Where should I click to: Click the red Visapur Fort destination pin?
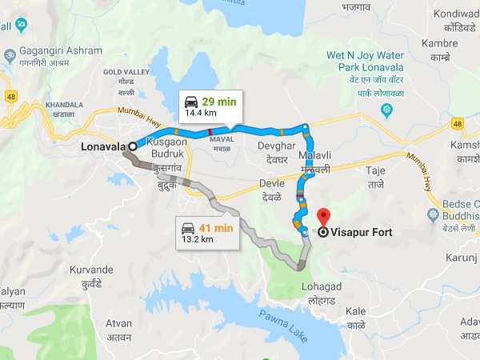point(323,217)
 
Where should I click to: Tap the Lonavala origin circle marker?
point(131,147)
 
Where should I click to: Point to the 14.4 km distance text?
point(199,114)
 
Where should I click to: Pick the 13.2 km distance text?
point(196,238)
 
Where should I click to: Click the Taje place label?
point(375,171)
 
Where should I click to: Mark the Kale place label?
point(355,310)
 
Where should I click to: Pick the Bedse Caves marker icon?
point(433,214)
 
